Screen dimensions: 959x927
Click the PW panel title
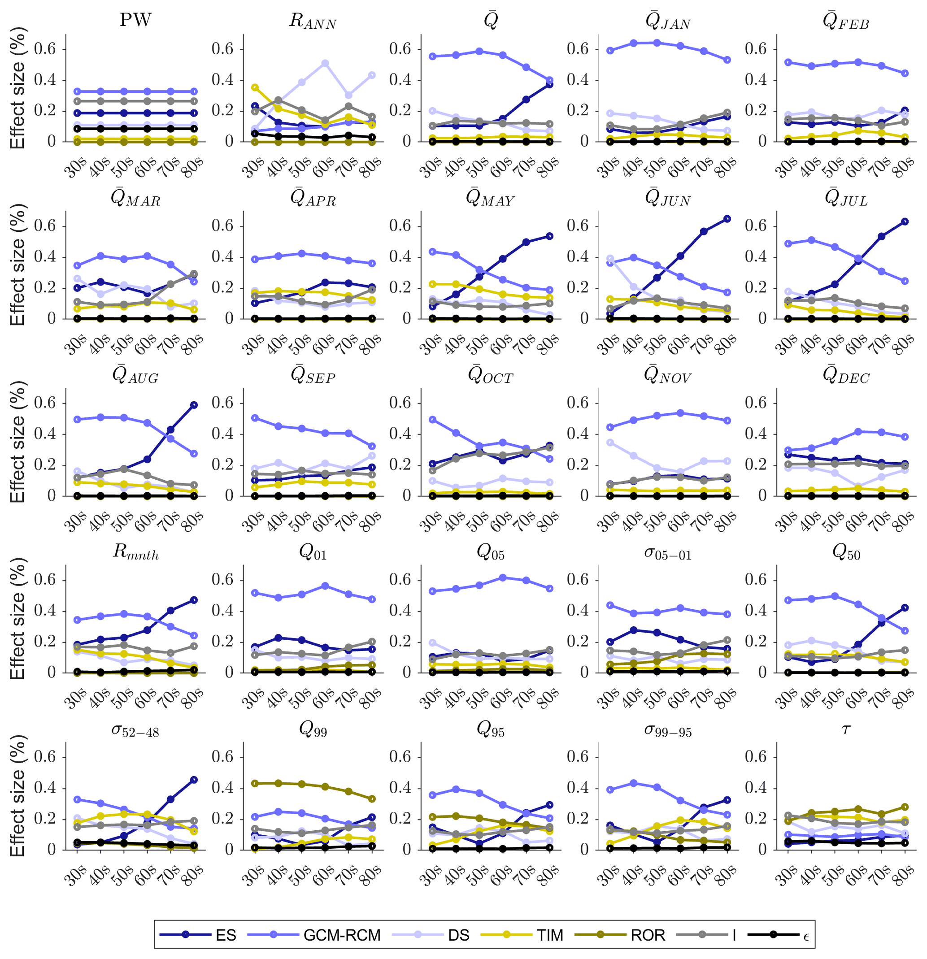(x=135, y=21)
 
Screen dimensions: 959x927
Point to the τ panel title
(x=846, y=729)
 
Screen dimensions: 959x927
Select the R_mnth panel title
(x=135, y=552)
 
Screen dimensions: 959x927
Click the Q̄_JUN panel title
(x=668, y=198)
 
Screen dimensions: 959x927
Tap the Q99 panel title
(x=313, y=729)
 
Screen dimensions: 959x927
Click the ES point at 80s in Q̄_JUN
(x=727, y=219)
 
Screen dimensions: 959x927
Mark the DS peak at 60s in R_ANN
(x=325, y=64)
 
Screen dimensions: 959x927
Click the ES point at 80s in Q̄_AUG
(x=194, y=405)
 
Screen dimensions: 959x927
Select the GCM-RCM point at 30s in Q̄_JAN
(x=610, y=50)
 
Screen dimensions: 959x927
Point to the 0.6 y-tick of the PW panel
(x=45, y=49)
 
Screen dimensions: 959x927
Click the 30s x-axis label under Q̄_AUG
(x=75, y=521)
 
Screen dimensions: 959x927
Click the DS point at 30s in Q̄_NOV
(x=610, y=443)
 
